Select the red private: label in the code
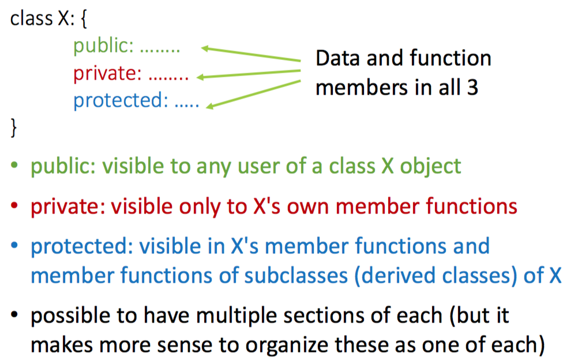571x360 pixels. coord(107,74)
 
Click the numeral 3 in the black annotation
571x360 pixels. coord(472,88)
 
